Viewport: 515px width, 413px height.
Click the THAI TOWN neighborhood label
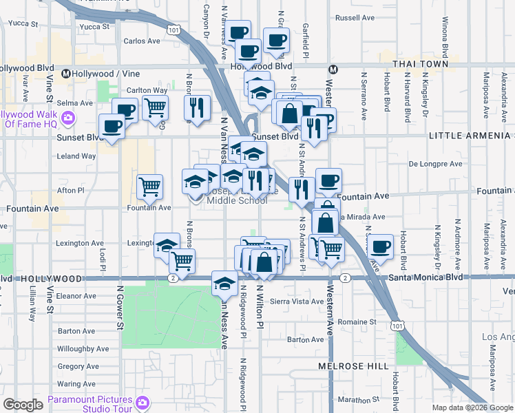(x=421, y=64)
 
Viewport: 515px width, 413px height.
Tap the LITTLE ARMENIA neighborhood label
(x=471, y=136)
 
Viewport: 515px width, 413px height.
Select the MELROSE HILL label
(x=353, y=366)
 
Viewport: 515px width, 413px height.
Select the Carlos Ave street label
(x=141, y=41)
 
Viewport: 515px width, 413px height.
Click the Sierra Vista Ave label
(x=297, y=301)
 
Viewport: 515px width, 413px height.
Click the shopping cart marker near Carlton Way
(x=156, y=107)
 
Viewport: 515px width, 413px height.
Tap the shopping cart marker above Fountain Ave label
(x=150, y=185)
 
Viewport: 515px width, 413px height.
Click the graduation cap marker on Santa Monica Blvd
(x=224, y=282)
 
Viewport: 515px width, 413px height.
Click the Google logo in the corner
(x=23, y=405)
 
